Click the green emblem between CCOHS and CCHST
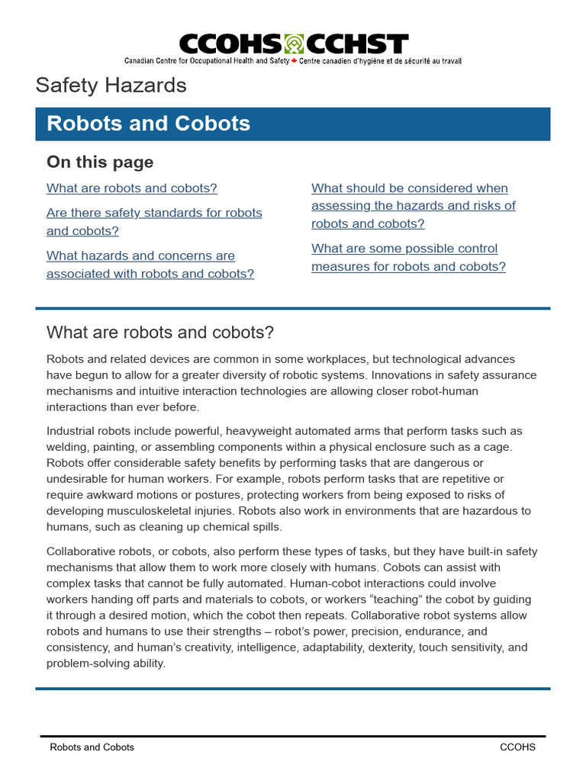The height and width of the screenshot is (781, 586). click(294, 43)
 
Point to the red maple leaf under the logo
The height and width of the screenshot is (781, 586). click(295, 61)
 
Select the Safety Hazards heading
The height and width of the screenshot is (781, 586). click(111, 85)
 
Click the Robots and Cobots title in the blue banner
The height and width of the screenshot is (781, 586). click(148, 124)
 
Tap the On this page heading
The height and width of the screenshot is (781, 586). click(100, 162)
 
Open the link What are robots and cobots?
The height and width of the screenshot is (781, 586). click(131, 188)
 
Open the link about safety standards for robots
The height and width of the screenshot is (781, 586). click(153, 221)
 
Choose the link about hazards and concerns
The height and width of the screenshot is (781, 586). click(150, 265)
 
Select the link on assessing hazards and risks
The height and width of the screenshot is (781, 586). click(413, 205)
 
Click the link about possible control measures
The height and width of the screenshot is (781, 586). click(408, 257)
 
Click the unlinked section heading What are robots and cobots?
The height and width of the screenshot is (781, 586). click(159, 333)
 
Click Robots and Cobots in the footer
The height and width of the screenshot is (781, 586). click(92, 747)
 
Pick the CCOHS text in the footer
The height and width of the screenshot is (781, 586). click(517, 747)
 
